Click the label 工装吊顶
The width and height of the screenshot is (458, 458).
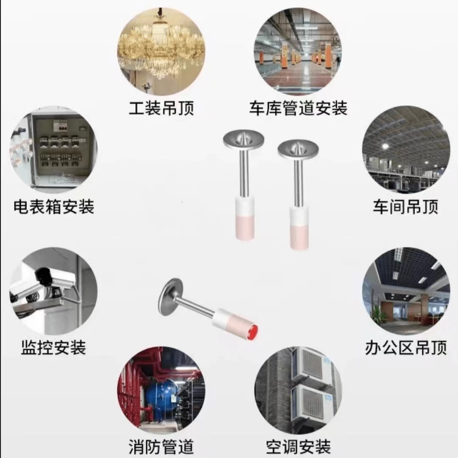click(x=161, y=108)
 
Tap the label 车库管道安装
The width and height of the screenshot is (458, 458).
click(x=298, y=108)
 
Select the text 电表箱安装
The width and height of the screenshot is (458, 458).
click(x=54, y=207)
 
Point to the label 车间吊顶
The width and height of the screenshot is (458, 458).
click(x=405, y=207)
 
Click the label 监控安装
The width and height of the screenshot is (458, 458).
click(x=54, y=347)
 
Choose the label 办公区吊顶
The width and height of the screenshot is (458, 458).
click(x=406, y=347)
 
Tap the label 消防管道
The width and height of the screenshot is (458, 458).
click(x=161, y=447)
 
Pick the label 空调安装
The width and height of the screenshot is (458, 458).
click(x=298, y=447)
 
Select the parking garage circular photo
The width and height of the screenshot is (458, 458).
click(x=298, y=51)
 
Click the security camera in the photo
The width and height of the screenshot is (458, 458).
click(x=47, y=281)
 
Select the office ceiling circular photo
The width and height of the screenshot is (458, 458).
click(x=406, y=291)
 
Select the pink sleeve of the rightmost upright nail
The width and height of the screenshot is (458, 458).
click(x=299, y=236)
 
